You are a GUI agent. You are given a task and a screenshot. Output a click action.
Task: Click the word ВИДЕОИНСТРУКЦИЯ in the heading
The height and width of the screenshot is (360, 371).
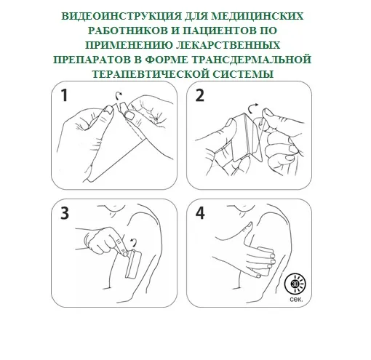point(121,16)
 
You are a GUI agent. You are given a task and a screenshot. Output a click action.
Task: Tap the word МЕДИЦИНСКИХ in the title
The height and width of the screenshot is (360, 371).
point(258,16)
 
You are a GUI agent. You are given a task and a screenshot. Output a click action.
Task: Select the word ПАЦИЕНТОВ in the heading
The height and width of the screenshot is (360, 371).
point(220,31)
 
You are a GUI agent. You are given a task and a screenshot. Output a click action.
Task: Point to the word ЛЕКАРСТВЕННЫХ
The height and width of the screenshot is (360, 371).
point(228,45)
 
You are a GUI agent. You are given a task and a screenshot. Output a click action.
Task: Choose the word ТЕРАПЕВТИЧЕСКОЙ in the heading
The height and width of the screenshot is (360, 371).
point(151,74)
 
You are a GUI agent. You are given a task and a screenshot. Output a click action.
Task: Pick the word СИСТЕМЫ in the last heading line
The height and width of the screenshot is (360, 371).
point(243,74)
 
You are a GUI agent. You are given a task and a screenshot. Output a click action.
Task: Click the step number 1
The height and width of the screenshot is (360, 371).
point(64,95)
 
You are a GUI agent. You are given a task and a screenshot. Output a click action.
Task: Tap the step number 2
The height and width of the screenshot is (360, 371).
point(200,95)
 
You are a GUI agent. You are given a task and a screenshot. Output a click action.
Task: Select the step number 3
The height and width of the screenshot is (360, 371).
point(65,213)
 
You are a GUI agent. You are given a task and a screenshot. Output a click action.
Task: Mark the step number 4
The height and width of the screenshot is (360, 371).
point(200,213)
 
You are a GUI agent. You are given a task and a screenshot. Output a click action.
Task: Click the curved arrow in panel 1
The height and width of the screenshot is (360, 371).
point(119,96)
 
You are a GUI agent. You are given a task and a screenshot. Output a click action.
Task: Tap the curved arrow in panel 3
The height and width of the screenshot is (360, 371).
point(134,241)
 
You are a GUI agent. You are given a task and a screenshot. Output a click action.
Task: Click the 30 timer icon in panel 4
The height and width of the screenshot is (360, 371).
point(295,284)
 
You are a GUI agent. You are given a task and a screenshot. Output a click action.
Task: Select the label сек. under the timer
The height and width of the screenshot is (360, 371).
point(296,300)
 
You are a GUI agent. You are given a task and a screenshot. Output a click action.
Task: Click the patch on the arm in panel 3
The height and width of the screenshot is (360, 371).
point(133,264)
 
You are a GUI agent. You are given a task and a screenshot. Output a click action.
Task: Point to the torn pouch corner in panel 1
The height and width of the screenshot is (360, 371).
point(121,108)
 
